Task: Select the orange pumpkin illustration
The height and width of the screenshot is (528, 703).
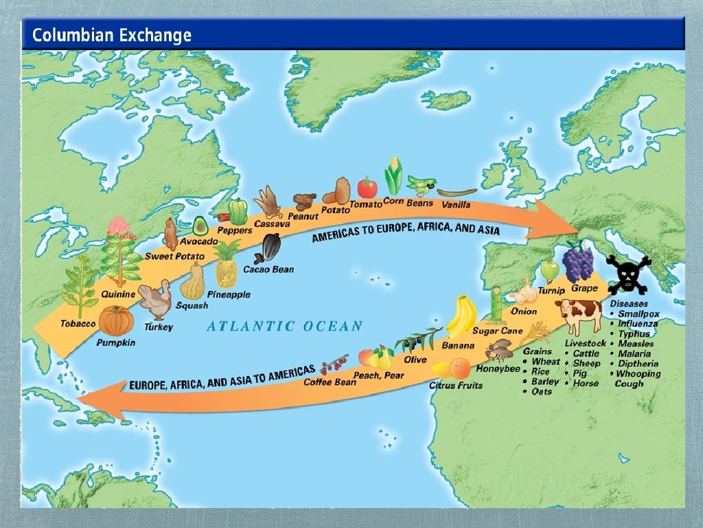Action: (x=116, y=320)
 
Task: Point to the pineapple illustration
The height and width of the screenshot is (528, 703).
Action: (x=227, y=265)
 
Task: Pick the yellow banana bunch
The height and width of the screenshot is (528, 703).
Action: (x=462, y=317)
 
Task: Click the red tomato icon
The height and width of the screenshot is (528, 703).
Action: (x=367, y=187)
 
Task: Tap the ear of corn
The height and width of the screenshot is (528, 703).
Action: (x=393, y=176)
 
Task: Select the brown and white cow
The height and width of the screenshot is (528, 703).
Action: (x=579, y=316)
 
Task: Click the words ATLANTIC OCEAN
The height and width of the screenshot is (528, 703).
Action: (x=285, y=326)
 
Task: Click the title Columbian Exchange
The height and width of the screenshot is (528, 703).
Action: (x=112, y=35)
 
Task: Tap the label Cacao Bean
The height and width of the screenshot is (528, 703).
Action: (x=268, y=269)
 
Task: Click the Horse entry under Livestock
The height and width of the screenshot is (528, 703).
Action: (x=585, y=383)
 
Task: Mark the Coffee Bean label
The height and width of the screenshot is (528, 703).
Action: (x=330, y=382)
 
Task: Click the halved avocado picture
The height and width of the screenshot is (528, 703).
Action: (x=200, y=225)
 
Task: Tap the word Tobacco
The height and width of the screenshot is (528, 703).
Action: (x=78, y=324)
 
